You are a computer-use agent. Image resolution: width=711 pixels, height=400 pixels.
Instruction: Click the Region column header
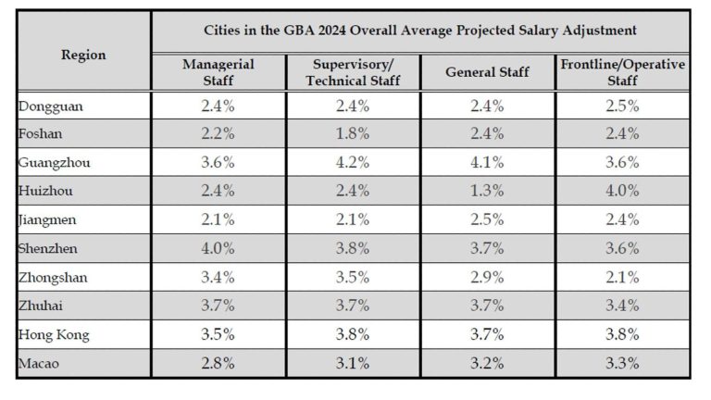pyautogui.click(x=83, y=55)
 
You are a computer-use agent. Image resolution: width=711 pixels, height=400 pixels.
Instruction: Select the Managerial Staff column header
pyautogui.click(x=218, y=72)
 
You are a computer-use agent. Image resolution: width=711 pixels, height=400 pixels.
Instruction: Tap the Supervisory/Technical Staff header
pyautogui.click(x=353, y=72)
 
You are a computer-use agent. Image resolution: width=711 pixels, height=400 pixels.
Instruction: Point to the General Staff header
pyautogui.click(x=487, y=72)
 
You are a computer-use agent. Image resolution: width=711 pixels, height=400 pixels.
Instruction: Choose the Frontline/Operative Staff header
pyautogui.click(x=622, y=72)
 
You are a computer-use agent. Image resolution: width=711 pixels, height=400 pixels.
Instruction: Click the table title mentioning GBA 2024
pyautogui.click(x=419, y=31)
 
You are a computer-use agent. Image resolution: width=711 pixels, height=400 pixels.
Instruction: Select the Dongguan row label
pyautogui.click(x=51, y=106)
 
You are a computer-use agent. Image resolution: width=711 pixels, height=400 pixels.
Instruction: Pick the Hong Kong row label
pyautogui.click(x=54, y=334)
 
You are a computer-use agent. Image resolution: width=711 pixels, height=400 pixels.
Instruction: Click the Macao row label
pyautogui.click(x=39, y=363)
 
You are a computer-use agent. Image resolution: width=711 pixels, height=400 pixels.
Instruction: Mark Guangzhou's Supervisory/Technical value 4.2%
pyautogui.click(x=353, y=163)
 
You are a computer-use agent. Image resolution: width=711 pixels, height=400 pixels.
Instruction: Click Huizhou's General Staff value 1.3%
pyautogui.click(x=487, y=191)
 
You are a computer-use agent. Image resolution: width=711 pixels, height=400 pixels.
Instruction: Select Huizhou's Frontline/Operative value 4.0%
pyautogui.click(x=622, y=191)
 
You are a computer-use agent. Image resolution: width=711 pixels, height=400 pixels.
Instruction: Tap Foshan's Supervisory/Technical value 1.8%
pyautogui.click(x=353, y=134)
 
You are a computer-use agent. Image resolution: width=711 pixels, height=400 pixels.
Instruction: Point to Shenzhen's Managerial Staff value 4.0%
pyautogui.click(x=218, y=248)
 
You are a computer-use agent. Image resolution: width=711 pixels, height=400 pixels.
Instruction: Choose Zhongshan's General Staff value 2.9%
pyautogui.click(x=487, y=277)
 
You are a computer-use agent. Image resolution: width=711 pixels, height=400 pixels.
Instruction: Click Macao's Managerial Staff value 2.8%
pyautogui.click(x=218, y=363)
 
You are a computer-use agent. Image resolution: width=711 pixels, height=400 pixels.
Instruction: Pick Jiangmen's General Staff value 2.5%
pyautogui.click(x=487, y=219)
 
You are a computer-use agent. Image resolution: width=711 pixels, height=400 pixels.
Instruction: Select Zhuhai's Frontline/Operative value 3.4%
pyautogui.click(x=622, y=306)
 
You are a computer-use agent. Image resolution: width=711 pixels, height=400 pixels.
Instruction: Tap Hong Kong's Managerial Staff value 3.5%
pyautogui.click(x=218, y=334)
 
